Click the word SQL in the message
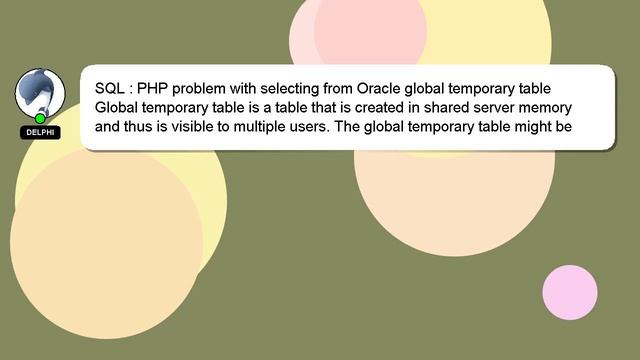(110, 87)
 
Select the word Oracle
(379, 87)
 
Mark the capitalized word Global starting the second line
(118, 107)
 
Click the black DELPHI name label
(40, 132)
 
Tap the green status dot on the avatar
(40, 118)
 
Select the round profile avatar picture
(40, 94)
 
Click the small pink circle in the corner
(570, 293)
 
